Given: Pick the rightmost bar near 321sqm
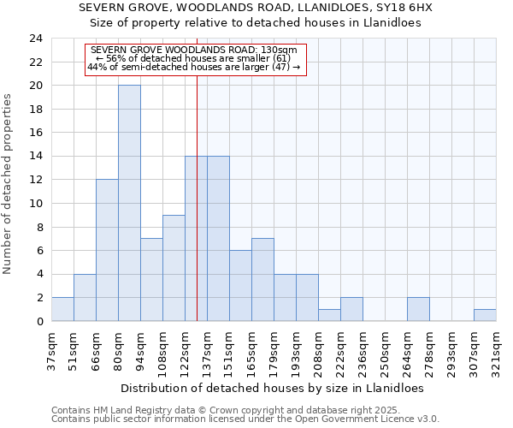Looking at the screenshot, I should point(485,315).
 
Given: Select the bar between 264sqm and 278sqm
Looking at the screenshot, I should point(418,309).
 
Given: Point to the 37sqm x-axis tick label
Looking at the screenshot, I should point(51,351).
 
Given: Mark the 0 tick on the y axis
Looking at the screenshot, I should point(39,321).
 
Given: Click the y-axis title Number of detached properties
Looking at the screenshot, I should point(9,185).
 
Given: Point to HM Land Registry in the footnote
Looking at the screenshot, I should point(121,410).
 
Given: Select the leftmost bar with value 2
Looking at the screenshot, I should point(62,309).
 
